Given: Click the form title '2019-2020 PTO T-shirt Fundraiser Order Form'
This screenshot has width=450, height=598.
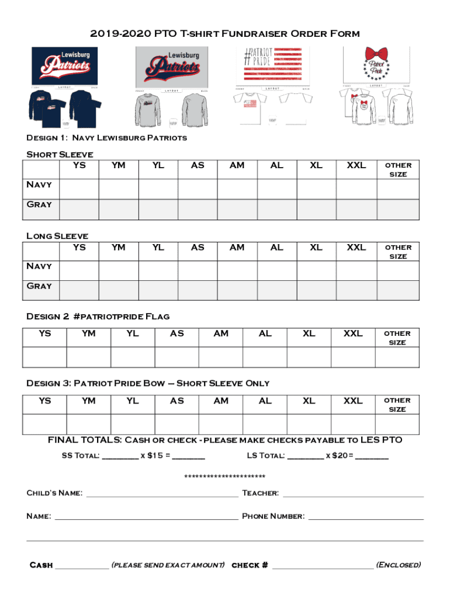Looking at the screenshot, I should (225, 33).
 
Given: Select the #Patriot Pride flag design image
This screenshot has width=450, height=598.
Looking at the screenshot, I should (272, 65).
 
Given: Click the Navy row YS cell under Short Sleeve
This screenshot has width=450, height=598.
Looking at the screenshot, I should (79, 189).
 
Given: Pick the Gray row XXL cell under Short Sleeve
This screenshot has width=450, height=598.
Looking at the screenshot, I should (356, 209).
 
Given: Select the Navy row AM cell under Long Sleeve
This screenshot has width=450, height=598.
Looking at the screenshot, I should (237, 270).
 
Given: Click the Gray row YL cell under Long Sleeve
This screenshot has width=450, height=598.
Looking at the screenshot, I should (158, 290).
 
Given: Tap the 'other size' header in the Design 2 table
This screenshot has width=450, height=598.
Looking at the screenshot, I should (397, 338).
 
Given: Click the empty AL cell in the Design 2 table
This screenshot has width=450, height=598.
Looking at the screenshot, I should (265, 357).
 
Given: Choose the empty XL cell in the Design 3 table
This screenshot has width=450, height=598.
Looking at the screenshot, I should (309, 424).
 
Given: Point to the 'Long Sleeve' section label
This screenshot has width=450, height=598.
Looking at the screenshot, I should (57, 236).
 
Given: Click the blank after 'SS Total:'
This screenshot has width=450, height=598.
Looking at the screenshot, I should (120, 456).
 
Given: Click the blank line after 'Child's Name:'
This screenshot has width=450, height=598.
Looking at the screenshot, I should (162, 494).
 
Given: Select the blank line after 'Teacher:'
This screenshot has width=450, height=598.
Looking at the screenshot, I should (353, 494).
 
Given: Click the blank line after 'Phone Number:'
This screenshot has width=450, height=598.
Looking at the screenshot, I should (366, 517).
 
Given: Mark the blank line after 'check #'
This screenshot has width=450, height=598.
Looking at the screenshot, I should (323, 565).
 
